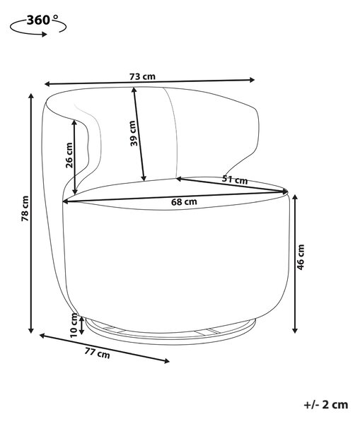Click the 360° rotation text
click(42, 20)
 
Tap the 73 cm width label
click(142, 76)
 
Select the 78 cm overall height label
click(25, 208)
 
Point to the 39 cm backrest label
click(133, 134)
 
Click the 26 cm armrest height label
click(69, 155)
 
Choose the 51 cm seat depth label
click(235, 179)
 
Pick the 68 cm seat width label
click(184, 201)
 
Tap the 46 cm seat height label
click(301, 257)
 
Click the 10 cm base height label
click(74, 325)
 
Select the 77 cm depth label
click(98, 353)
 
